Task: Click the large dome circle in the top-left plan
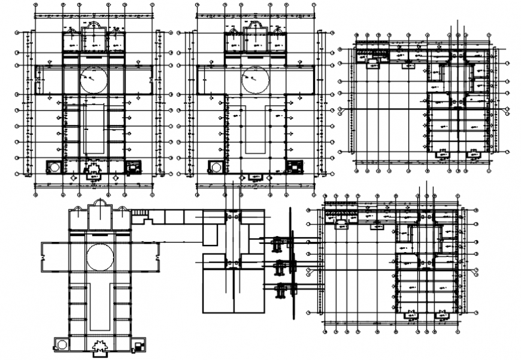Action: (94, 80)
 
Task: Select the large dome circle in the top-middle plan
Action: (256, 80)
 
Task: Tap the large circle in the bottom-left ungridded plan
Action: (99, 257)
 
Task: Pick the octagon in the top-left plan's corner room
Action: (54, 167)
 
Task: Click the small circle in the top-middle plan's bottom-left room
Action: (215, 167)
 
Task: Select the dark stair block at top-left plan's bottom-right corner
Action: (131, 167)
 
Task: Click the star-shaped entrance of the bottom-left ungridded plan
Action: (99, 346)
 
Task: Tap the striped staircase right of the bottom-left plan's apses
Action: (140, 212)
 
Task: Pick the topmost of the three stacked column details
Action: (277, 244)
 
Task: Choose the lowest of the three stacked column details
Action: (279, 291)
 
